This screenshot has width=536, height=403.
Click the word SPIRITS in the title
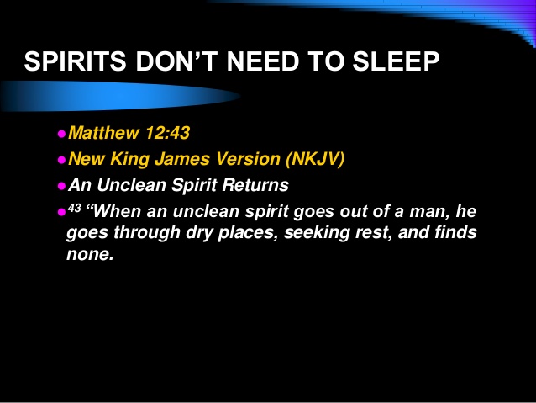[76, 61]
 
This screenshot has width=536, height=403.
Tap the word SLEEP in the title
[396, 61]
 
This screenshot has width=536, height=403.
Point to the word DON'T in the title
[177, 61]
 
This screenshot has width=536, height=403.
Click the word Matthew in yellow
[104, 132]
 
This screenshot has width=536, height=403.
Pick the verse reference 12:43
[167, 132]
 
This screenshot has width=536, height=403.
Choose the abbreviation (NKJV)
[315, 159]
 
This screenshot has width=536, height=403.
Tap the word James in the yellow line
[182, 159]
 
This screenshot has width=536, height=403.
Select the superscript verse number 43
[75, 208]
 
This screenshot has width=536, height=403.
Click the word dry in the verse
[199, 233]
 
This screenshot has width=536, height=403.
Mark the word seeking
[317, 232]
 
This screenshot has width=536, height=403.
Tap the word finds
[455, 232]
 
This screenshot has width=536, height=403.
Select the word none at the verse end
[90, 254]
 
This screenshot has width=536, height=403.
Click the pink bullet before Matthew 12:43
[61, 134]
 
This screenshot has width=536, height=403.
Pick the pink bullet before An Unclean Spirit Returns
[61, 186]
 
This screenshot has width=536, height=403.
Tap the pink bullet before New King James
[61, 160]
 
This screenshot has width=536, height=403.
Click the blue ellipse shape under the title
[120, 96]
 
